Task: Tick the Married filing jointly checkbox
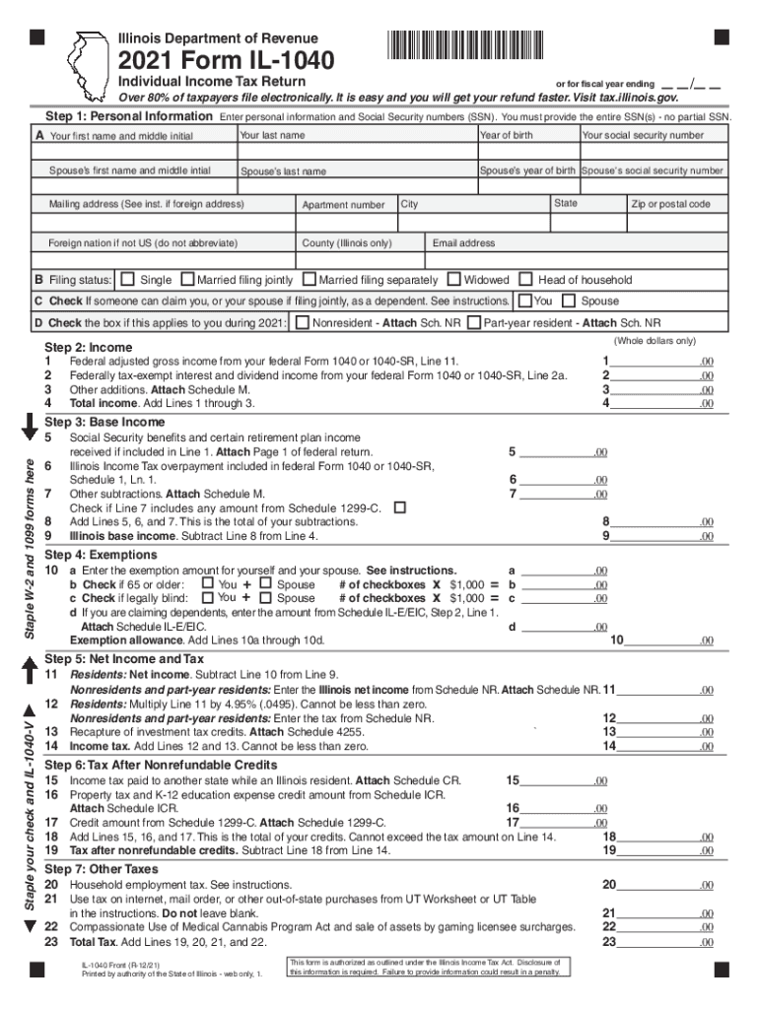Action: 189,280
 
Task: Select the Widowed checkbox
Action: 454,280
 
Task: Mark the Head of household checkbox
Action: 526,280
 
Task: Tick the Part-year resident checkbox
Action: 474,323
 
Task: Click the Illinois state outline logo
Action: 93,65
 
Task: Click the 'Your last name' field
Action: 356,144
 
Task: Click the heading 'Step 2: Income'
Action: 89,348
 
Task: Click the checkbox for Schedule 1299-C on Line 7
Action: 400,507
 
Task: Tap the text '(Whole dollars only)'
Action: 655,341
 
